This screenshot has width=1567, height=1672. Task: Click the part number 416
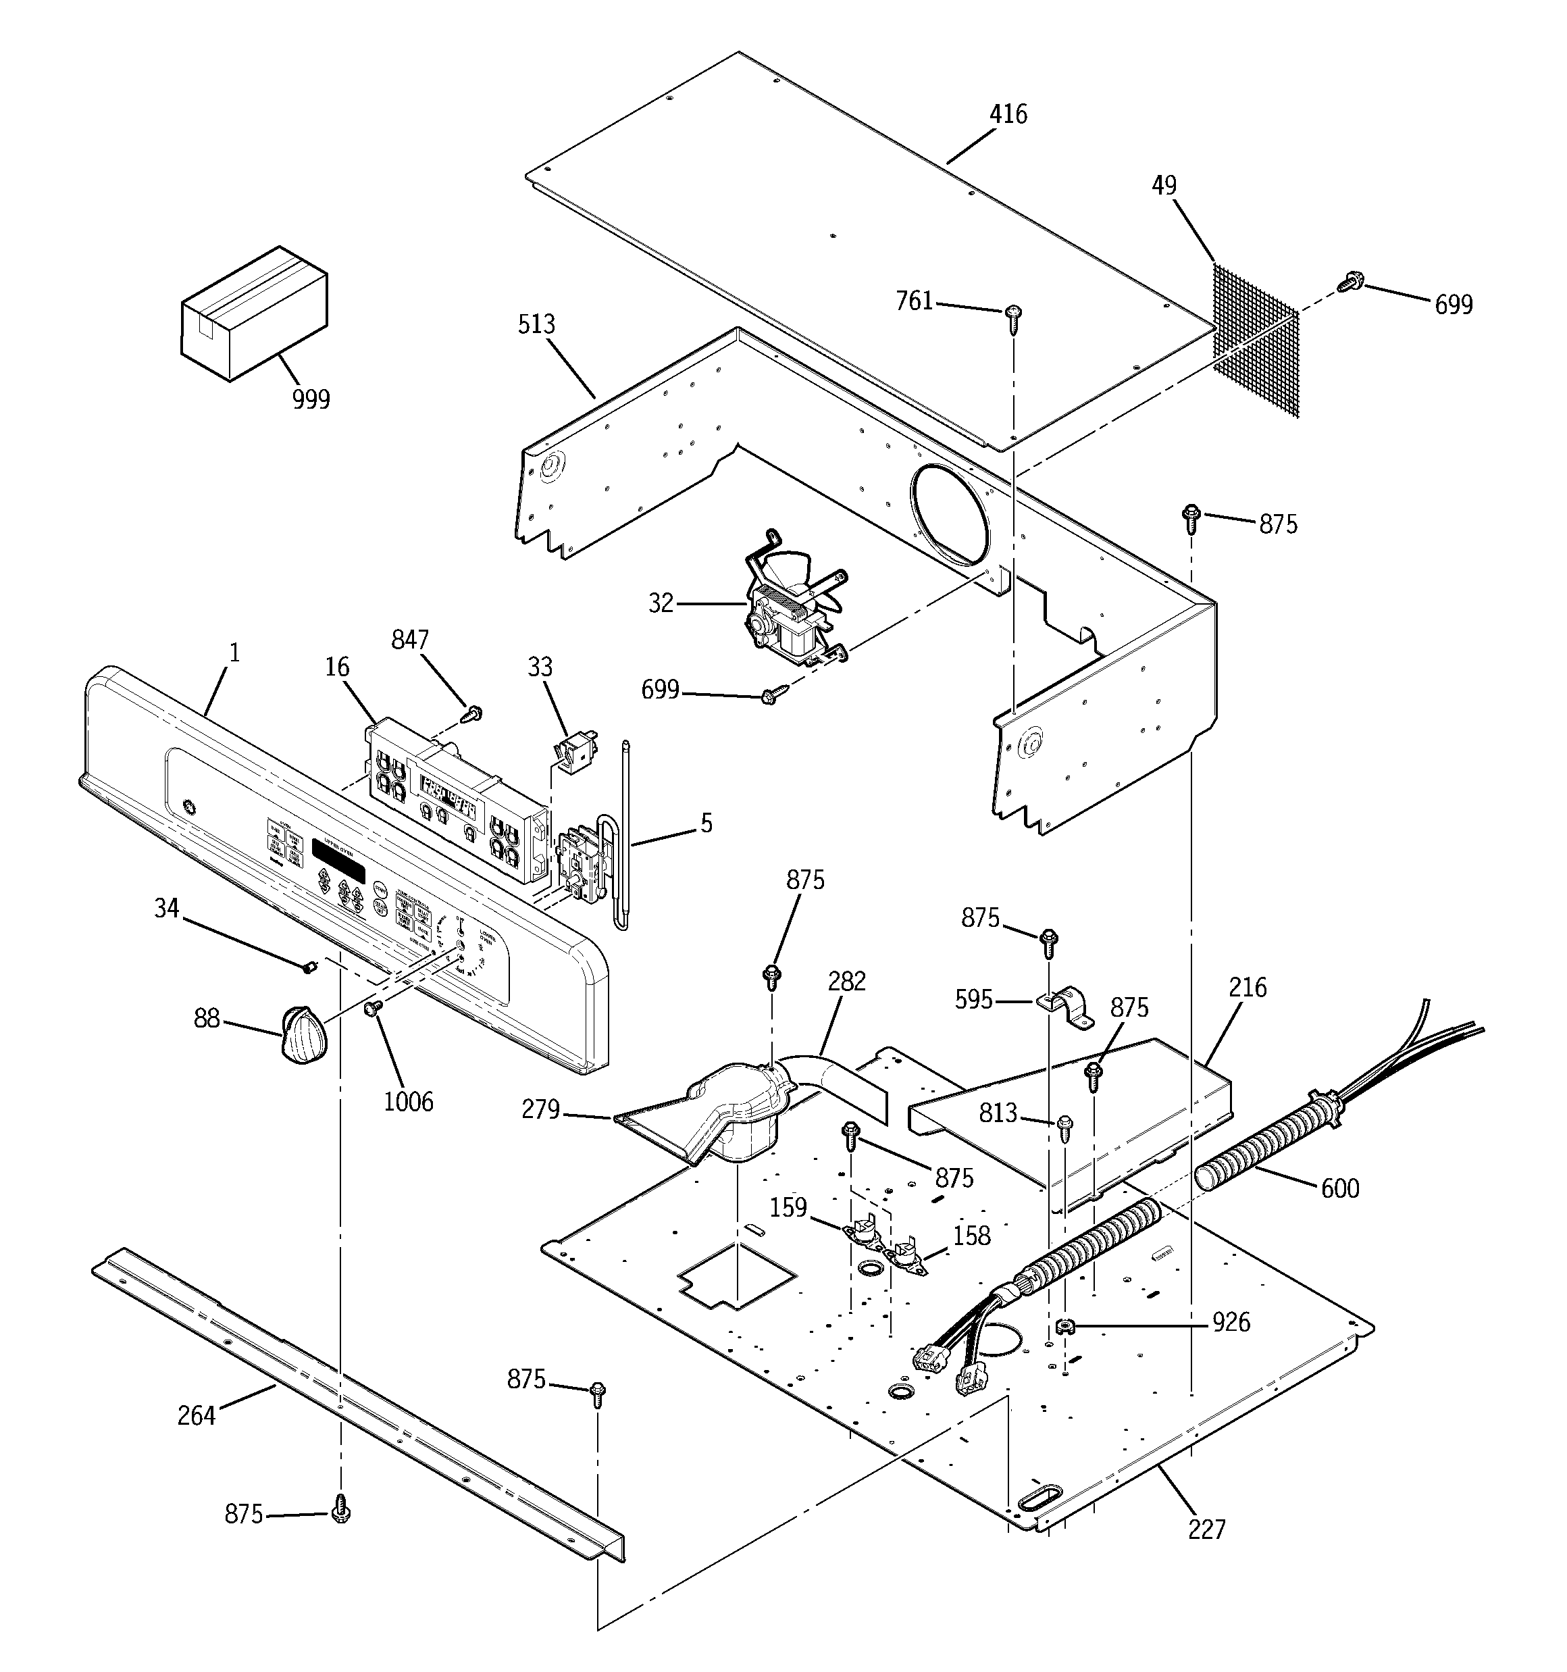[1008, 113]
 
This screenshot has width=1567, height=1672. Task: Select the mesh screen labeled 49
[1256, 340]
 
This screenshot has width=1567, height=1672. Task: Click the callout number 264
[197, 1415]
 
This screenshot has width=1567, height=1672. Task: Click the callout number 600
[1340, 1188]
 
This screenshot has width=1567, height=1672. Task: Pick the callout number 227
[1207, 1528]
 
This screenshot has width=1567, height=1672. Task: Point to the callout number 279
[540, 1109]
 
